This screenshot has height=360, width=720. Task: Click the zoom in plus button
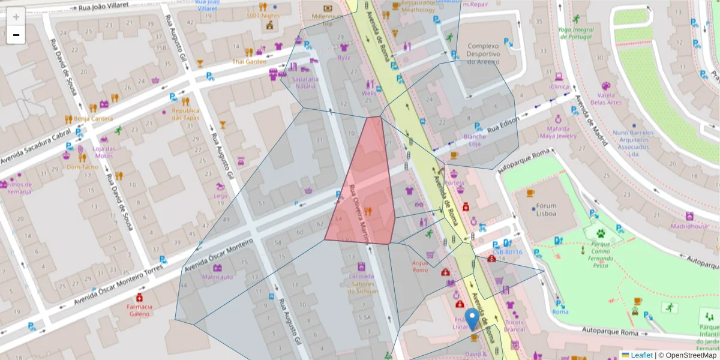[x=16, y=17]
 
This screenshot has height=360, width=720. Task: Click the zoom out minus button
[x=16, y=35]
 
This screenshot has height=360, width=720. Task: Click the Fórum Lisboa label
[x=546, y=209]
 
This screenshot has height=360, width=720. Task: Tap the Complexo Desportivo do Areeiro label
[x=483, y=53]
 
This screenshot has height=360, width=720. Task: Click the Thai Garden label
[x=250, y=61]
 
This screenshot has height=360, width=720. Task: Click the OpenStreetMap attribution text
[x=688, y=355]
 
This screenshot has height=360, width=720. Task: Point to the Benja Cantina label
[x=93, y=118]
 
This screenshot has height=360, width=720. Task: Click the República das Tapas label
[x=185, y=114]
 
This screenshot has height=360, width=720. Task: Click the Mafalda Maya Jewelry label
[x=562, y=132]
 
